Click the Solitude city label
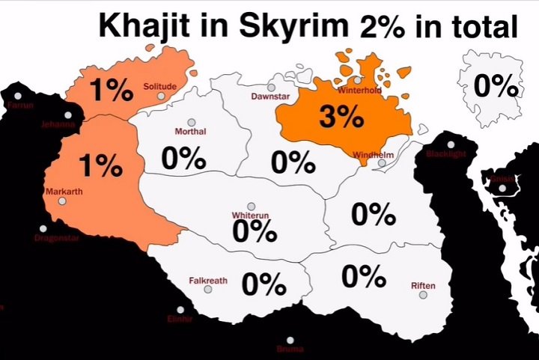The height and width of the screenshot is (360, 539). pos(160,87)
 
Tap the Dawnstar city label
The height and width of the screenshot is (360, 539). pos(268,97)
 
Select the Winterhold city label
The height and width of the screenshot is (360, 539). pos(359,91)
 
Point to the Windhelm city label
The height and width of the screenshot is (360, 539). pos(372,155)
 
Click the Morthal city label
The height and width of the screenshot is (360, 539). pos(190,132)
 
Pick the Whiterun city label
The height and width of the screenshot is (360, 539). pos(250,216)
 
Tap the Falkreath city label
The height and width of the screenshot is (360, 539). pos(208,281)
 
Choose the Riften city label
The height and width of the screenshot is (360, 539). pos(423,286)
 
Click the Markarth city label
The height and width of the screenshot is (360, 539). pos(64,192)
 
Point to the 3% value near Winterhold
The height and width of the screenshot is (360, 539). pos(341,117)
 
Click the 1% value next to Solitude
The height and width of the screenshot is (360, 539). pos(111,91)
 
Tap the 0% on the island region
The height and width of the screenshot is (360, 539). pos(496,87)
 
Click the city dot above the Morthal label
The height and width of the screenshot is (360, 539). pos(191,122)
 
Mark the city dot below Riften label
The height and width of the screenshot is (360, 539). pos(423,296)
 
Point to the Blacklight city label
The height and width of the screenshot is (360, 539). pos(445,154)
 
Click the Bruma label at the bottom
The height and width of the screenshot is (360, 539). pos(290,349)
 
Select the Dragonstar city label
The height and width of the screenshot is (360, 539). pos(57,239)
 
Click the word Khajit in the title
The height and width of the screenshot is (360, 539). pos(153,28)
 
